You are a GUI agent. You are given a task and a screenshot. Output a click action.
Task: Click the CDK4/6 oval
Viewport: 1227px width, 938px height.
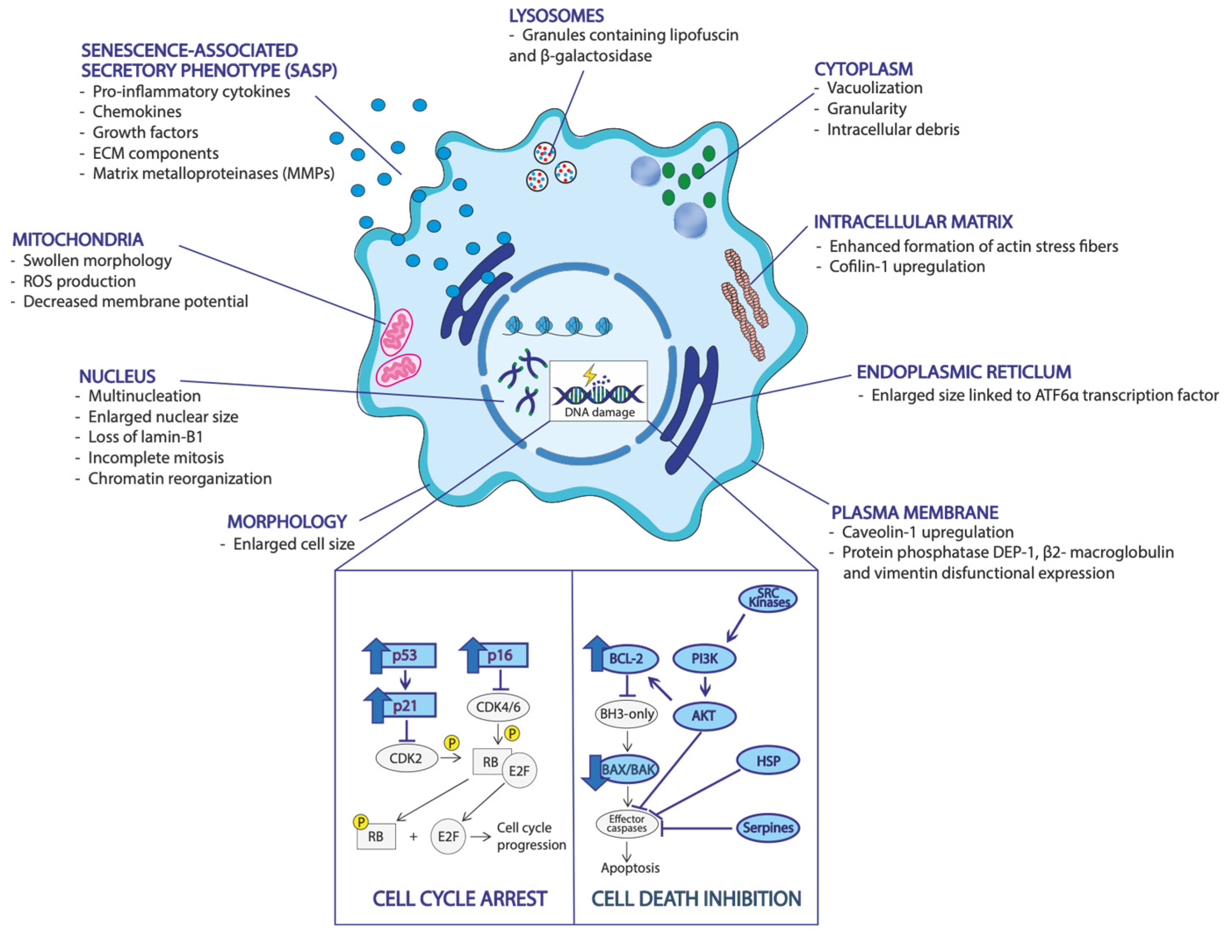point(498,707)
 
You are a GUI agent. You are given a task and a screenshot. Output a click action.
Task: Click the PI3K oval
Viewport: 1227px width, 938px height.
point(704,659)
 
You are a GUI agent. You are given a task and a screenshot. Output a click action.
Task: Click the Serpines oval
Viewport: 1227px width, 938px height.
point(768,828)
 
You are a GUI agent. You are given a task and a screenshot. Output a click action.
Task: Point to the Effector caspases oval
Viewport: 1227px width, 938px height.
point(627,824)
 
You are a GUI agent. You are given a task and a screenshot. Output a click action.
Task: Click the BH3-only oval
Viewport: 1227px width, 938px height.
point(627,714)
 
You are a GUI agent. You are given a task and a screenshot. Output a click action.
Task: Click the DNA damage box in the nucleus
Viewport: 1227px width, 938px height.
point(599,391)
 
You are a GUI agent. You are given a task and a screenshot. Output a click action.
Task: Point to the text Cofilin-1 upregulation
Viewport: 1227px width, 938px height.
point(907,267)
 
